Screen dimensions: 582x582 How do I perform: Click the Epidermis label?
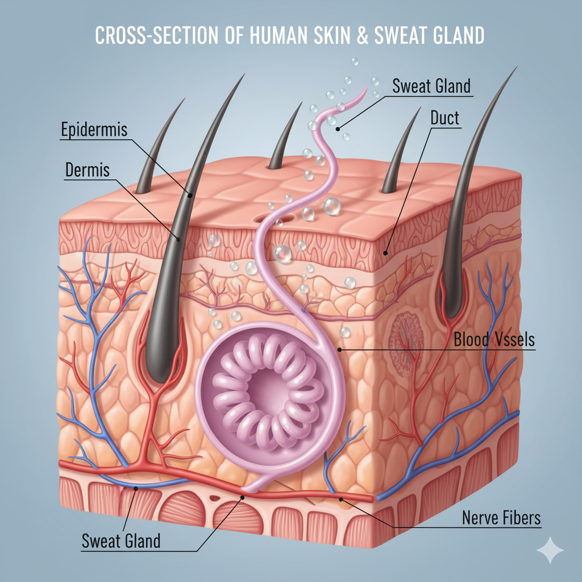pyautogui.click(x=94, y=130)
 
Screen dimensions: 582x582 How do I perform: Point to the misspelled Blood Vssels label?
pyautogui.click(x=494, y=340)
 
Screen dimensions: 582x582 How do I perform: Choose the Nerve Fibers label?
pyautogui.click(x=501, y=517)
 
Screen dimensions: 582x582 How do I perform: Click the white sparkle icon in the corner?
pyautogui.click(x=551, y=550)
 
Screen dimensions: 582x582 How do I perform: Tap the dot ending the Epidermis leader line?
pyautogui.click(x=191, y=195)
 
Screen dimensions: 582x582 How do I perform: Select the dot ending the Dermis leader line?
pyautogui.click(x=178, y=239)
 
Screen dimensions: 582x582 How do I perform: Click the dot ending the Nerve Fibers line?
pyautogui.click(x=341, y=500)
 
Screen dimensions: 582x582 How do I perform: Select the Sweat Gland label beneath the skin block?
pyautogui.click(x=121, y=541)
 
